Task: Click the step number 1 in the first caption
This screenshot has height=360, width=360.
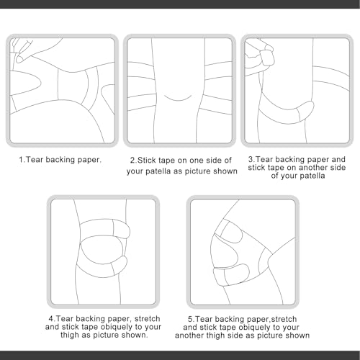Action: (21, 160)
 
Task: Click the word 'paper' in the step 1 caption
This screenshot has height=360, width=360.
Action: (89, 160)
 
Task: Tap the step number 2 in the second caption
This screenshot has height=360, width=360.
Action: (132, 160)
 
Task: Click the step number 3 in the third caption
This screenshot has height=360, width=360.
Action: (251, 159)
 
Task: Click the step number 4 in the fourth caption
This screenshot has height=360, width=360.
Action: (51, 319)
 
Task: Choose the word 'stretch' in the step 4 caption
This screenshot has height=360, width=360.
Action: (148, 319)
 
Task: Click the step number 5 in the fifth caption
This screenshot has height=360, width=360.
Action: (190, 319)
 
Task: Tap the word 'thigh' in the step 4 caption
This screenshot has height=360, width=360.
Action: (70, 335)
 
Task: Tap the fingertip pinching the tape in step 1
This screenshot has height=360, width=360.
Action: (19, 58)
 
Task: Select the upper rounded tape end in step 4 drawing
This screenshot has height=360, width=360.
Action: (122, 229)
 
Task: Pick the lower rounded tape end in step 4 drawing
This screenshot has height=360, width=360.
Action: (120, 266)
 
